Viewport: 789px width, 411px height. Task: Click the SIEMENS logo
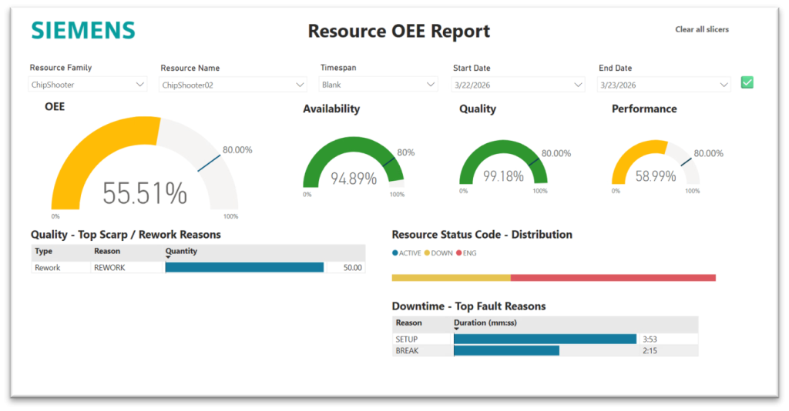click(x=83, y=31)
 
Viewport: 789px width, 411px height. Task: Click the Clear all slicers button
click(x=702, y=29)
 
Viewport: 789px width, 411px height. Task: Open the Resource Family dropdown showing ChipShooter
click(x=88, y=85)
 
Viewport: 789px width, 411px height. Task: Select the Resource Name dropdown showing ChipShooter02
click(x=233, y=85)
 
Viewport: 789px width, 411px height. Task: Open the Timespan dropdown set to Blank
click(x=378, y=85)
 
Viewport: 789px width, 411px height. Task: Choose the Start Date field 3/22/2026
click(x=519, y=85)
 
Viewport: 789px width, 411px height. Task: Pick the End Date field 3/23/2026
click(x=663, y=85)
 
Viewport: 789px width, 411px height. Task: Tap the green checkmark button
click(x=747, y=82)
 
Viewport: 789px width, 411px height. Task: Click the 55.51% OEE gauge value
click(x=145, y=193)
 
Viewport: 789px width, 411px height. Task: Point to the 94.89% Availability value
click(x=354, y=179)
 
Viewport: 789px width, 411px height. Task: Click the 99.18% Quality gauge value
click(x=503, y=176)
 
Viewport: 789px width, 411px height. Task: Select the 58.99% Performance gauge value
click(x=656, y=176)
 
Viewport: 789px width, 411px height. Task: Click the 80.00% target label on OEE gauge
click(x=237, y=150)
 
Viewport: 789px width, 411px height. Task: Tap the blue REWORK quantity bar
click(x=244, y=267)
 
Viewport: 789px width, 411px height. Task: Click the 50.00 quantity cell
click(x=352, y=268)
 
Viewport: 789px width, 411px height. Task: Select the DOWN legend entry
click(x=438, y=253)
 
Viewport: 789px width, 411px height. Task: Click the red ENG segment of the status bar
click(x=613, y=278)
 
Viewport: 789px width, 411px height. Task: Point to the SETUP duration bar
click(x=545, y=339)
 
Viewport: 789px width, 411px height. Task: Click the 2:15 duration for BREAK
click(x=650, y=351)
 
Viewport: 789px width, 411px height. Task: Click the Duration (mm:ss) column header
click(x=485, y=322)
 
